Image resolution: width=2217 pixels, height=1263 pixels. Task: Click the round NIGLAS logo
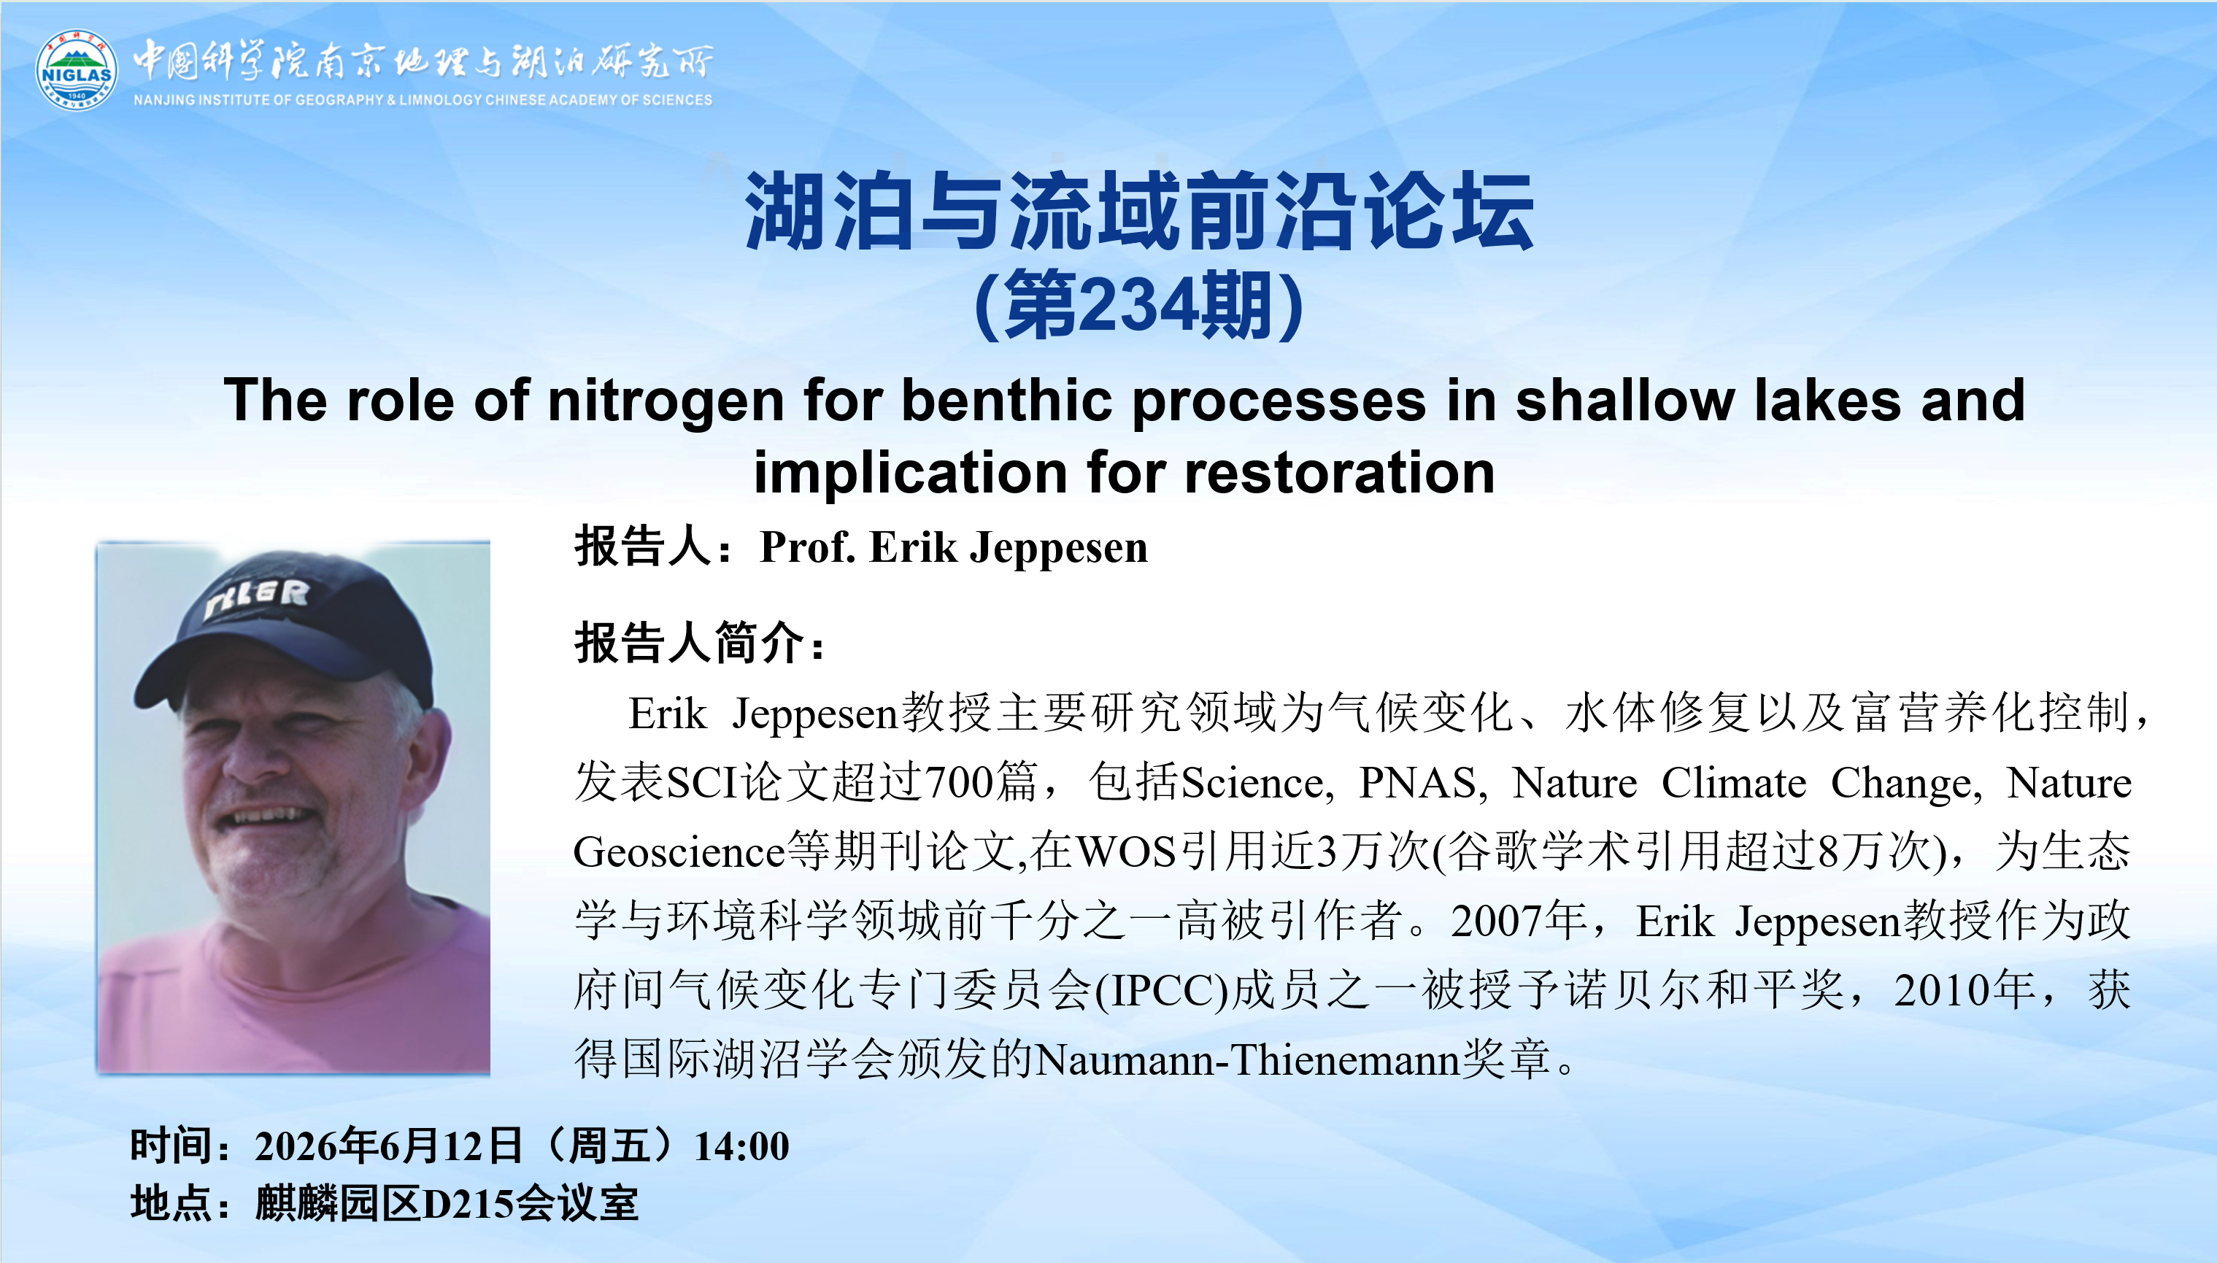click(x=77, y=70)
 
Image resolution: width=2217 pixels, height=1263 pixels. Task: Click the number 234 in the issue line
click(x=1133, y=304)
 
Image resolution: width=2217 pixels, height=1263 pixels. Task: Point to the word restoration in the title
click(x=1339, y=473)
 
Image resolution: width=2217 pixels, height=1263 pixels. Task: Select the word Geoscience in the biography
click(x=679, y=851)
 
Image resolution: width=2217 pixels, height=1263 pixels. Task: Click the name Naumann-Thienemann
click(x=1248, y=1059)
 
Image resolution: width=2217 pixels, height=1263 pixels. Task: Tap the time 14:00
click(x=741, y=1146)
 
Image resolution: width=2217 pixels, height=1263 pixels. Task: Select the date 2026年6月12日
click(x=388, y=1146)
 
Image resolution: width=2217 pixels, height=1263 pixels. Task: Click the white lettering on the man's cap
click(x=256, y=598)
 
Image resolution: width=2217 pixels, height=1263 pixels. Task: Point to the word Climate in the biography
click(x=1734, y=782)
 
